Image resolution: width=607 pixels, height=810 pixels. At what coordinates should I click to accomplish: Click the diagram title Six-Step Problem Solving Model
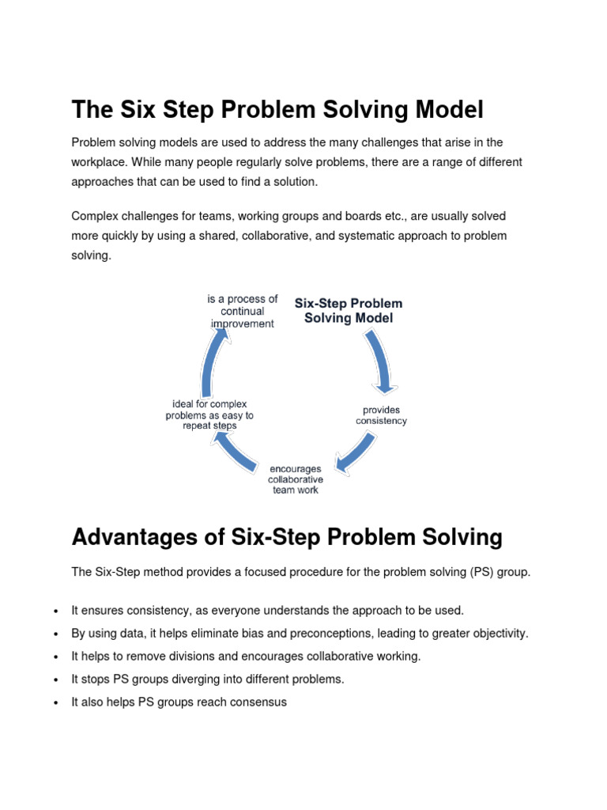pyautogui.click(x=349, y=310)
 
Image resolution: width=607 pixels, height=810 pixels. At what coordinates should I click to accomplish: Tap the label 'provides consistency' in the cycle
pyautogui.click(x=381, y=415)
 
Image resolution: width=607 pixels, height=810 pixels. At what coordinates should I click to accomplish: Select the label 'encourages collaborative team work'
pyautogui.click(x=296, y=479)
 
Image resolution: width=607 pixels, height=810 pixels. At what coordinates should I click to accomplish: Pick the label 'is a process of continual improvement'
pyautogui.click(x=243, y=311)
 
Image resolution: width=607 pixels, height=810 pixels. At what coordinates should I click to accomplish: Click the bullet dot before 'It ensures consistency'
pyautogui.click(x=55, y=611)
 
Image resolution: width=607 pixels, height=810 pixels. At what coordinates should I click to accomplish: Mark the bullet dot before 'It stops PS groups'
pyautogui.click(x=55, y=679)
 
